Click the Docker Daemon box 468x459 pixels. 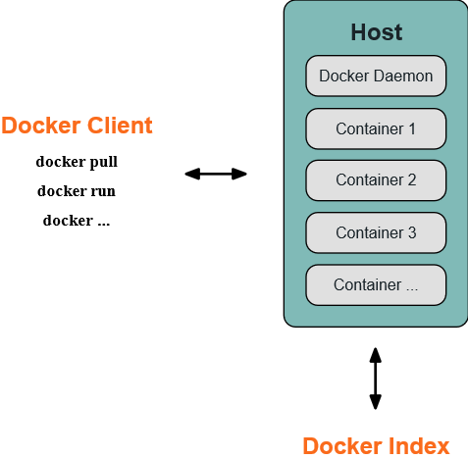click(376, 76)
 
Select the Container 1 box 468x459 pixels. click(376, 128)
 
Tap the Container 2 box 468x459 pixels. click(376, 180)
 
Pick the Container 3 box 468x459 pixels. click(376, 232)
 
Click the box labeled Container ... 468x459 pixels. click(376, 285)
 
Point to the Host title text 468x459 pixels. click(377, 32)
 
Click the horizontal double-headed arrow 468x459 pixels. click(216, 174)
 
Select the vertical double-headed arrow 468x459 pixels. click(375, 379)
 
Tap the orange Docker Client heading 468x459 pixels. click(77, 126)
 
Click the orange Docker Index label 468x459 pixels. click(376, 446)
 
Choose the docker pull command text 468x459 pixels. click(77, 162)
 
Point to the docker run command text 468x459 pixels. click(77, 191)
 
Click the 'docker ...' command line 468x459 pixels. click(77, 221)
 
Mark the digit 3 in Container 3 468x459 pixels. click(412, 232)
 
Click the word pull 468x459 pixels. click(103, 162)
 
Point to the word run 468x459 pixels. click(103, 191)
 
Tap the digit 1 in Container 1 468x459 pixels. click(412, 128)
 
